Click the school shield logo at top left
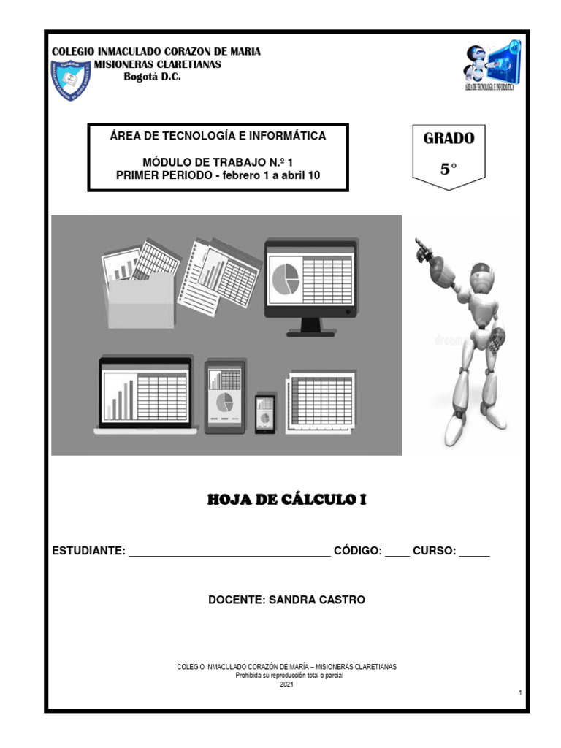(x=69, y=80)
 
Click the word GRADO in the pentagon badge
(x=449, y=138)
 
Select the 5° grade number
(x=449, y=169)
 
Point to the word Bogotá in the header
(x=140, y=77)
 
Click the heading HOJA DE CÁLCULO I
(x=286, y=500)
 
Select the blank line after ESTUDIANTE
(x=229, y=553)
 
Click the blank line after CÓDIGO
(x=397, y=553)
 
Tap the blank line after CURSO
(x=475, y=553)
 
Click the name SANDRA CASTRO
(x=317, y=600)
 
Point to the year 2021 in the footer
(x=286, y=684)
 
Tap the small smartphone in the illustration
(x=265, y=414)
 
